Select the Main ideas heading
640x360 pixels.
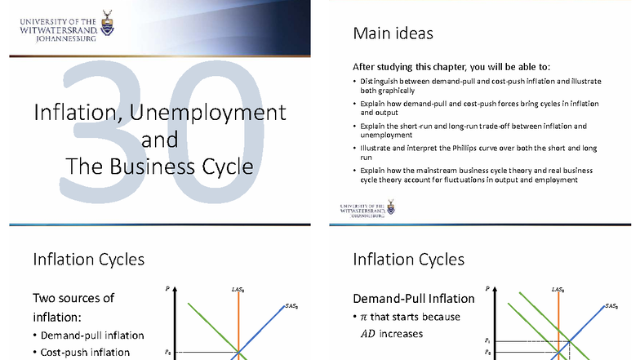tap(393, 33)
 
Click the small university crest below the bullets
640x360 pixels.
tap(391, 208)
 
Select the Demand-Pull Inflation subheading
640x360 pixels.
tap(413, 298)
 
